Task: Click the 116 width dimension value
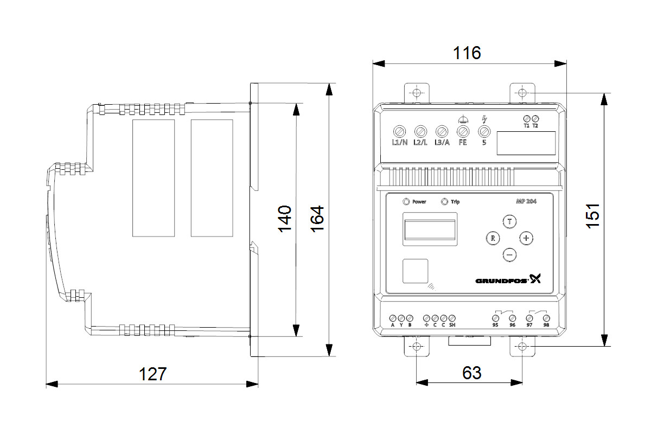pos(467,53)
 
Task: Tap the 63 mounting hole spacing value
pos(471,373)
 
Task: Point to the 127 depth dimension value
pos(151,374)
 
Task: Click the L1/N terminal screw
pos(399,131)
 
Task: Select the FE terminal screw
pos(463,131)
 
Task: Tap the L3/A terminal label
pos(442,143)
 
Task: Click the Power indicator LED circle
pos(406,202)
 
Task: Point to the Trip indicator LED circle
pos(445,202)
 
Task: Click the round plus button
pos(526,238)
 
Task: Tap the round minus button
pos(509,254)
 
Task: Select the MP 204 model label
pos(526,202)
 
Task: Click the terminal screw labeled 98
pos(546,317)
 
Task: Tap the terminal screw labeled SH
pos(452,317)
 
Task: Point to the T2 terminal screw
pos(535,118)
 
